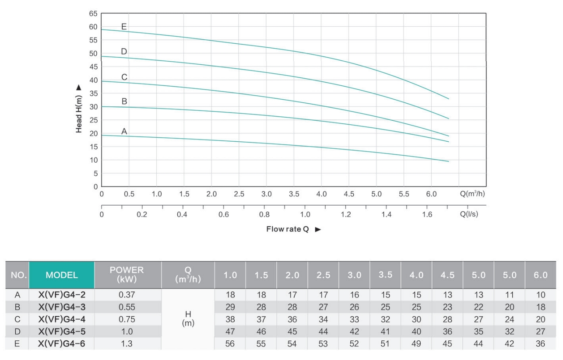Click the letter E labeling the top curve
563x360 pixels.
coord(124,27)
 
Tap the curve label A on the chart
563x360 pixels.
coord(124,131)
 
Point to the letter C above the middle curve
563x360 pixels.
coord(124,77)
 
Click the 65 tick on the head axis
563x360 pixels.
coord(93,14)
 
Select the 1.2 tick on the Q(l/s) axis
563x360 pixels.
coord(345,215)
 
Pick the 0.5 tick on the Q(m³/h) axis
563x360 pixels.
coord(129,194)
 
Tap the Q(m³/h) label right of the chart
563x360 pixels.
coord(472,194)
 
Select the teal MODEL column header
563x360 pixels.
coord(62,275)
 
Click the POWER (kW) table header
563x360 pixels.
coord(127,275)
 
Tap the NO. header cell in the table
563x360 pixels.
coord(18,275)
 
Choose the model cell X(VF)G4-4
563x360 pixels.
coord(62,319)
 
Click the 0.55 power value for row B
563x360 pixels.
coord(127,307)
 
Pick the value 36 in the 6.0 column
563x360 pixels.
coord(540,344)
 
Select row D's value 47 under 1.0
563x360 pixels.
coord(230,332)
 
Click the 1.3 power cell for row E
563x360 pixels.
coord(127,344)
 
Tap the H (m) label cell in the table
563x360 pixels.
coord(188,319)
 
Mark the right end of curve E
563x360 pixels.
coord(449,99)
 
